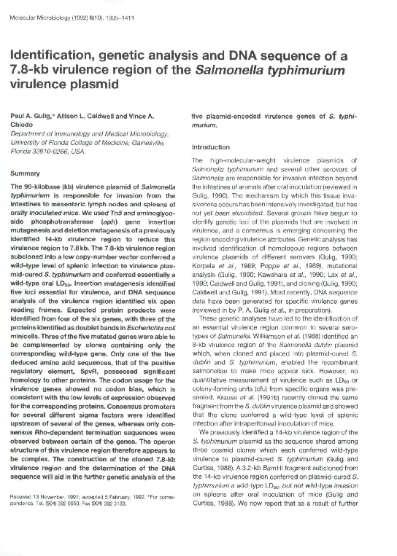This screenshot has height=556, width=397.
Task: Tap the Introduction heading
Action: (x=210, y=146)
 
